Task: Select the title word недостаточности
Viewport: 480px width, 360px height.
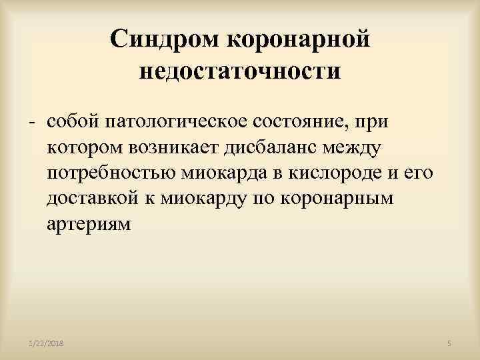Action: point(240,71)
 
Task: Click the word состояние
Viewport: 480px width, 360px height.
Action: point(303,122)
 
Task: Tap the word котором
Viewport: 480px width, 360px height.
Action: point(82,148)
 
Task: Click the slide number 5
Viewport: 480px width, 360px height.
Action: point(450,343)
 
